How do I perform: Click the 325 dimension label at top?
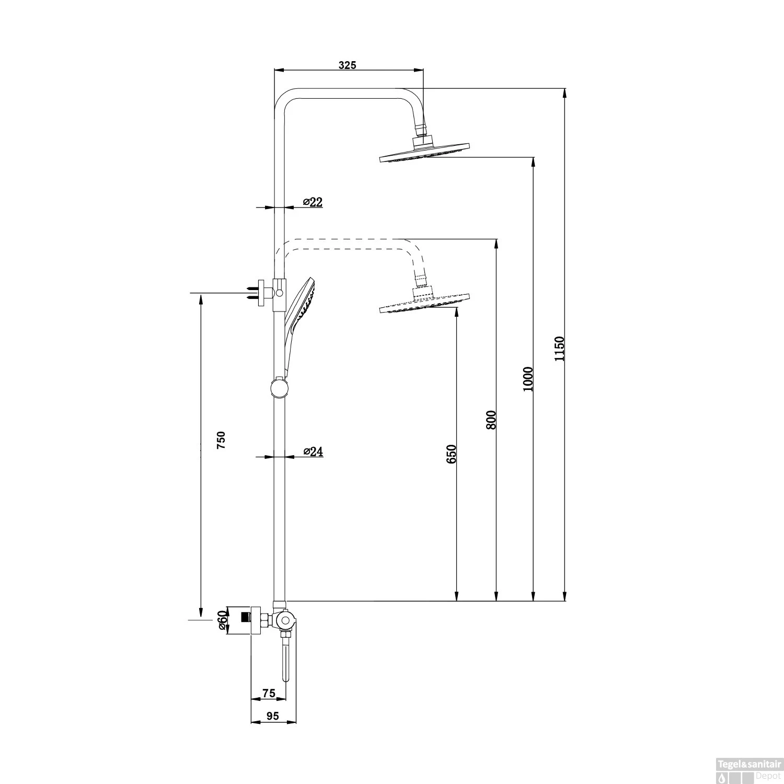347,65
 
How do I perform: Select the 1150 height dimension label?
560,349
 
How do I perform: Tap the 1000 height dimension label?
527,379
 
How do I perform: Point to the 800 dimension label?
491,420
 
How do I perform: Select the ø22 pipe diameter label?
313,202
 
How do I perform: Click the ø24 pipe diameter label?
313,452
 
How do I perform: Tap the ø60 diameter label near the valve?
223,620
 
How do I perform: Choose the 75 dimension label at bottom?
268,693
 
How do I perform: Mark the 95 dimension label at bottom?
272,716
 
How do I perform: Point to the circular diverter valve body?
285,621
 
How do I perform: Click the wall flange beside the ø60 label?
255,620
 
